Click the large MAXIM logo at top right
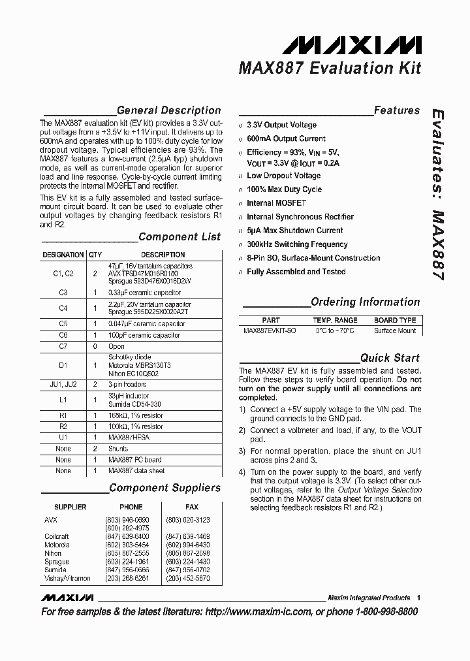pos(352,44)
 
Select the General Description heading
pos(168,110)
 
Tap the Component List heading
pos(180,236)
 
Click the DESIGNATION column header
pos(63,255)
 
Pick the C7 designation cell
pos(63,346)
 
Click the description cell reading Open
pos(117,346)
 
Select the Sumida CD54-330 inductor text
pos(135,405)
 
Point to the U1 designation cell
pos(63,437)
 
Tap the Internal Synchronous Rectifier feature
pos(300,217)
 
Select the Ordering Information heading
pos(365,302)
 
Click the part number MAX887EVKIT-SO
pos(270,330)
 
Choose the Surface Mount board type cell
pos(395,330)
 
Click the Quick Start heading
pos(390,358)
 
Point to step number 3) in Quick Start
pos(242,451)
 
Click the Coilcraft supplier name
pos(57,536)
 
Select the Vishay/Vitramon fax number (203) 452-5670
pos(188,578)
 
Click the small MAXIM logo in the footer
pos(67,598)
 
